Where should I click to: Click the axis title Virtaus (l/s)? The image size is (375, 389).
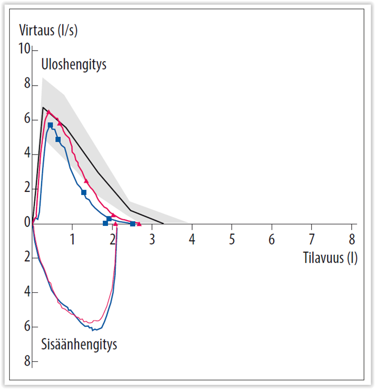(48, 30)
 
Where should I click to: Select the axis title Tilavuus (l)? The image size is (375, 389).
(330, 258)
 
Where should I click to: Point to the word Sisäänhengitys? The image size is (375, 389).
(79, 345)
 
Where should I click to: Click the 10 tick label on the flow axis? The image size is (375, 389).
(23, 50)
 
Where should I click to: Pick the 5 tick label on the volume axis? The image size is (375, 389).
(232, 239)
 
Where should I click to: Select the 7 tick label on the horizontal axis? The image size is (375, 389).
(312, 239)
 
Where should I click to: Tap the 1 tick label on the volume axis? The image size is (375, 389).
(72, 239)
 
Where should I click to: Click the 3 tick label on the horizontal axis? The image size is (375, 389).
(152, 239)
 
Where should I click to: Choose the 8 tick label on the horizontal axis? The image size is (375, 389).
(352, 239)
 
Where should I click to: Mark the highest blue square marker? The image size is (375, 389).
(50, 125)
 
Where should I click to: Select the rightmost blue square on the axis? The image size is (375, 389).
(133, 223)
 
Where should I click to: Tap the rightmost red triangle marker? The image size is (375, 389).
(139, 223)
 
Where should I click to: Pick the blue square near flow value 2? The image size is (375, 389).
(84, 192)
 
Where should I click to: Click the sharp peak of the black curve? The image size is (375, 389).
(44, 107)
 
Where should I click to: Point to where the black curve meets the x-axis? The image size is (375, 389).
(163, 223)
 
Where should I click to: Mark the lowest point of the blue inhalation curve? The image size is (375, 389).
(93, 330)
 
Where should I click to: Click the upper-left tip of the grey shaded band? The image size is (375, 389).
(43, 77)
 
